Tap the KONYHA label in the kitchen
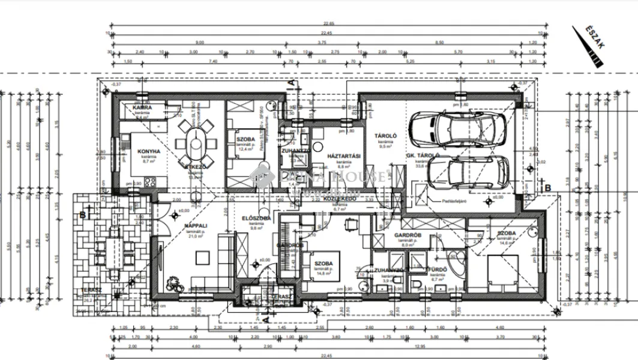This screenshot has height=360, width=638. click(148, 151)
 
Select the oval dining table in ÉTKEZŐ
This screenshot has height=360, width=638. click(196, 145)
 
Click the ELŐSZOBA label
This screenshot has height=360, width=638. click(253, 218)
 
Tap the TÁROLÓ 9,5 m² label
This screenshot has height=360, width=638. click(384, 136)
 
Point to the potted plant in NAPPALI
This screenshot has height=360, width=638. click(173, 283)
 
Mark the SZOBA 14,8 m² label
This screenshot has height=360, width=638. click(321, 264)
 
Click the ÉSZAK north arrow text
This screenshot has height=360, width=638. click(590, 38)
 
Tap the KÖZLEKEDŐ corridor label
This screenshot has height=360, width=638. click(337, 197)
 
